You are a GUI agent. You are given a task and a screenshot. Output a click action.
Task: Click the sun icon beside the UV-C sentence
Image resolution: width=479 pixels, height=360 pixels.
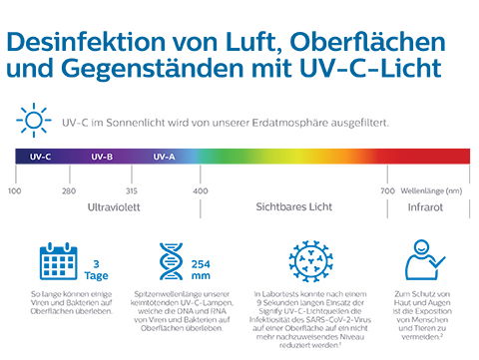[x=35, y=122]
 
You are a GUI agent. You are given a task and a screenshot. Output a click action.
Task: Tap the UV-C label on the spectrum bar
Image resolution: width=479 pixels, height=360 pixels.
[x=41, y=157]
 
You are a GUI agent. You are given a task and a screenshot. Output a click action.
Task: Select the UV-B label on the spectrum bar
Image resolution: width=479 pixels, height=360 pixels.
[x=102, y=157]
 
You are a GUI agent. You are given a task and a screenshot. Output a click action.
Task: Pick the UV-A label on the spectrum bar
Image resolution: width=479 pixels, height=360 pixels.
[x=165, y=157]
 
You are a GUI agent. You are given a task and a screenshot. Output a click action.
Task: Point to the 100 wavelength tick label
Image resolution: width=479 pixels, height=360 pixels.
[x=14, y=189]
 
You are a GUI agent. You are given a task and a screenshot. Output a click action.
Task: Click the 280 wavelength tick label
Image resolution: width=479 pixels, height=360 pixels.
[x=68, y=189]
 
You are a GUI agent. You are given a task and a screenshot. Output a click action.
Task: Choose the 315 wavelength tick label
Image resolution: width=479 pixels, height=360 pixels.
[x=133, y=189]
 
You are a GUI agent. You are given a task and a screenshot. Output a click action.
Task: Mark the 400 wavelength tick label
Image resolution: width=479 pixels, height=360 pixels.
[x=201, y=189]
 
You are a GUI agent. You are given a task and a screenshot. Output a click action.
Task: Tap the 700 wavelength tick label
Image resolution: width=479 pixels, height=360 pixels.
[x=387, y=189]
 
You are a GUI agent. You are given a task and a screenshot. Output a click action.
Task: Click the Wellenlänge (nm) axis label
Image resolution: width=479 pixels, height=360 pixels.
[x=430, y=189]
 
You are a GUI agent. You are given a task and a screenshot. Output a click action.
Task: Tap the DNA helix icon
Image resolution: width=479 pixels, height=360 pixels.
[x=169, y=260]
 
